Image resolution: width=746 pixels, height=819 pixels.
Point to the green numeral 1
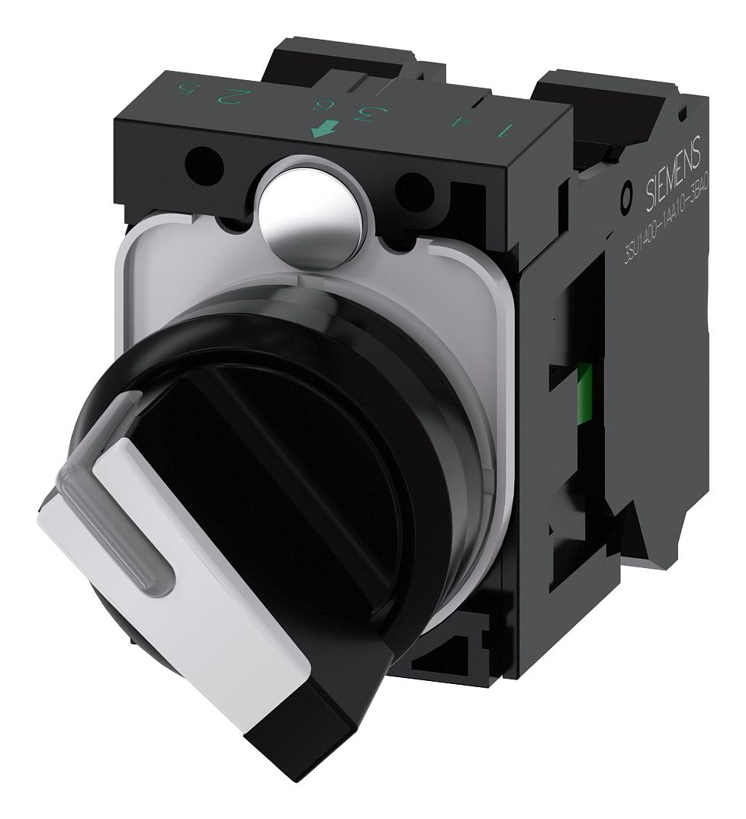[523, 130]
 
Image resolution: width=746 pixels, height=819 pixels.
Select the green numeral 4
[480, 122]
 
